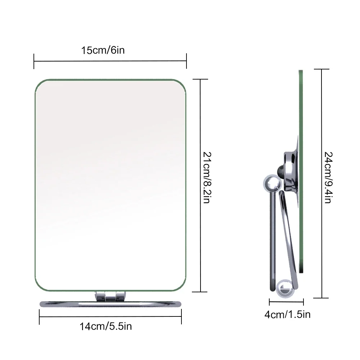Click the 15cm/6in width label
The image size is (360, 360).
click(x=103, y=50)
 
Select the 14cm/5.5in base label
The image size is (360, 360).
click(x=106, y=327)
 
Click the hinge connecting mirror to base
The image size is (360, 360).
click(x=108, y=296)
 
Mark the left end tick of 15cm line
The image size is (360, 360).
click(x=34, y=61)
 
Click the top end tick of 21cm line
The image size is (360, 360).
click(x=201, y=79)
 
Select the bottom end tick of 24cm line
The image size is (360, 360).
click(x=321, y=298)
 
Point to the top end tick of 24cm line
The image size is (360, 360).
click(x=321, y=69)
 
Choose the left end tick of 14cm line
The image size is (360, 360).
click(x=39, y=317)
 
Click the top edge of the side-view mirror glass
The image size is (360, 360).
click(x=301, y=71)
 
